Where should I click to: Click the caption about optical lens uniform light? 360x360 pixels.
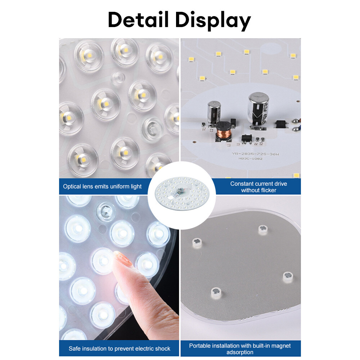pos(102,186)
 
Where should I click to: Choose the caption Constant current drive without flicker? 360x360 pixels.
pos(258,187)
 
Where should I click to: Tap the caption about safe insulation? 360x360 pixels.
pos(119,348)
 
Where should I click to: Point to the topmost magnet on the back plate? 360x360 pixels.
pos(263,229)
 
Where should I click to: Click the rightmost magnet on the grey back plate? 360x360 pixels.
pos(288,276)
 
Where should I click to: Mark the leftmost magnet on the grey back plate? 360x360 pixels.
pos(197,243)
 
